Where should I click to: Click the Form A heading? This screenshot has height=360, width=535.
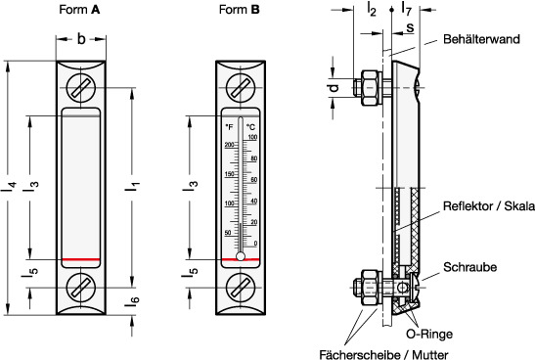(79, 9)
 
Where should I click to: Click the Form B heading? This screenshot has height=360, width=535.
(240, 9)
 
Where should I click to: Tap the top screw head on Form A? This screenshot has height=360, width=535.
(81, 88)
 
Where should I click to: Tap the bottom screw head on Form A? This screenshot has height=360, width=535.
(81, 288)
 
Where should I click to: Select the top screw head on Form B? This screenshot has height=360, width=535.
(241, 88)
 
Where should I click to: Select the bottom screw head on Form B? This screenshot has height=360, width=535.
(241, 288)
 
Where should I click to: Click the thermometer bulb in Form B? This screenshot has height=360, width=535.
(241, 256)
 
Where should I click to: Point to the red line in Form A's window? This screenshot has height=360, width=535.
(81, 259)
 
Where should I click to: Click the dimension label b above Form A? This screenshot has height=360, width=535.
(81, 39)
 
